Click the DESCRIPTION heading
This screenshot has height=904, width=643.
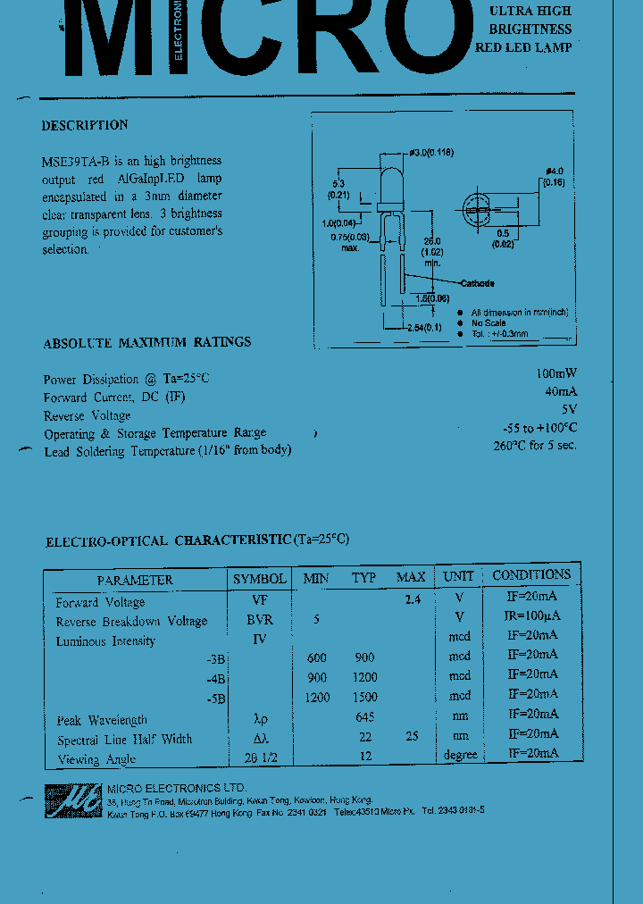(85, 125)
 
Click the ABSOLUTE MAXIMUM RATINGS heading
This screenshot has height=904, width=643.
(147, 342)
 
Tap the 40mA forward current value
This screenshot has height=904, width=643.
(560, 391)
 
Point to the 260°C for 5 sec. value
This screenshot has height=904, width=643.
(534, 445)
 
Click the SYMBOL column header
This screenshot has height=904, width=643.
(259, 579)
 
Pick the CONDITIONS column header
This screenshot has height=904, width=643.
(531, 575)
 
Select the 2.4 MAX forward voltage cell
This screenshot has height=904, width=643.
(412, 599)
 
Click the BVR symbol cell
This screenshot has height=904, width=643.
(260, 619)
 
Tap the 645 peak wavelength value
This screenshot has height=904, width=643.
(363, 717)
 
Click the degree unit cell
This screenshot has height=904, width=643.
(460, 755)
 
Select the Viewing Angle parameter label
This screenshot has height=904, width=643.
(96, 759)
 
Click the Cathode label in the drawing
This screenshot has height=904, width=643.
(477, 283)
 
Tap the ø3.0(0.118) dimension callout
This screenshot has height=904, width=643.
(431, 153)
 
